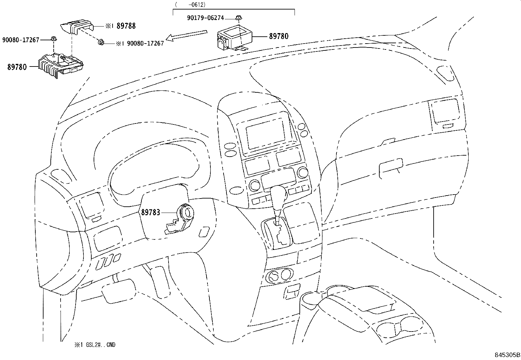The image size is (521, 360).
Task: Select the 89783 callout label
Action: (151, 212)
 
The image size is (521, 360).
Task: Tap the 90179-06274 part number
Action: (206, 18)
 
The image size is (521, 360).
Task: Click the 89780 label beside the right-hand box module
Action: (279, 36)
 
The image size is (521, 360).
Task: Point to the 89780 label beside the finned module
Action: (17, 67)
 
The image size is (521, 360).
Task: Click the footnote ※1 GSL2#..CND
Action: (95, 345)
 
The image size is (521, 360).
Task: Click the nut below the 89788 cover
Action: (101, 42)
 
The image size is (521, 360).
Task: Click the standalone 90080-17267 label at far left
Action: (20, 40)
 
